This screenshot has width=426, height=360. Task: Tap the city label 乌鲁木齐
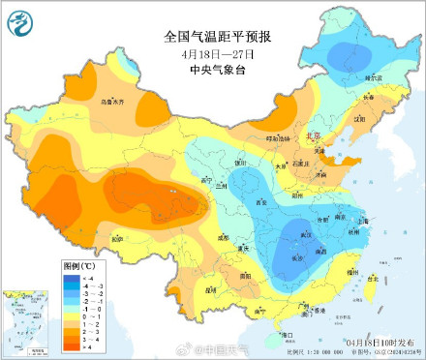tap(85, 100)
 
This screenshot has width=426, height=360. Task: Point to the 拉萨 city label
tap(118, 238)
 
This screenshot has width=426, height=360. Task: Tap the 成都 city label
tap(225, 235)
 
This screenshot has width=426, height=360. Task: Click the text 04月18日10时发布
tap(380, 343)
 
